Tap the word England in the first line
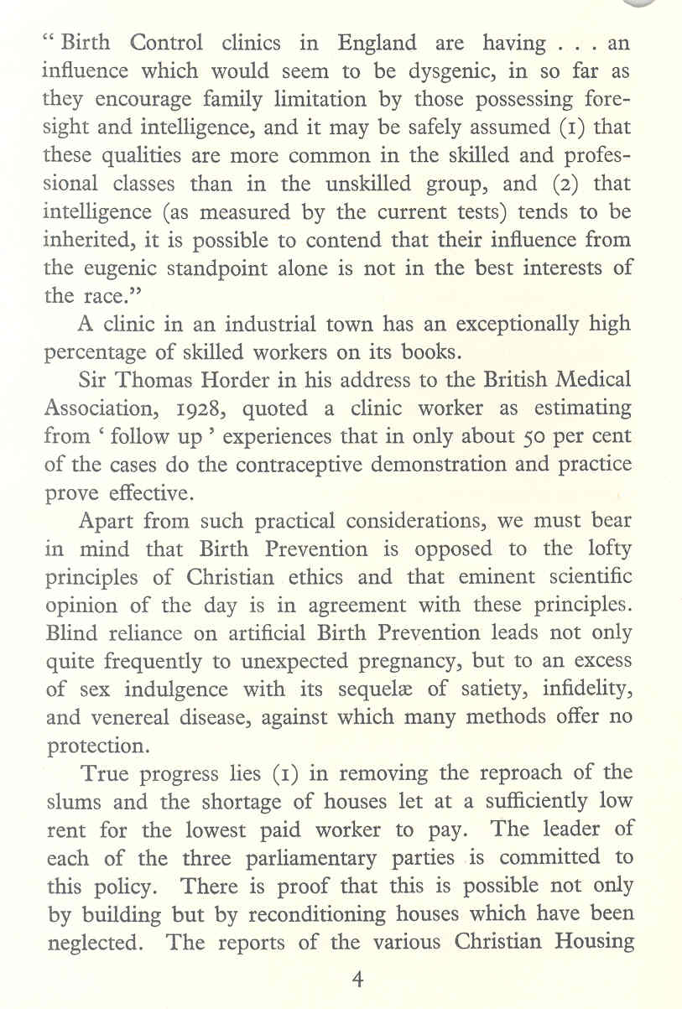click(377, 42)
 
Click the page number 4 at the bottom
click(357, 982)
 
